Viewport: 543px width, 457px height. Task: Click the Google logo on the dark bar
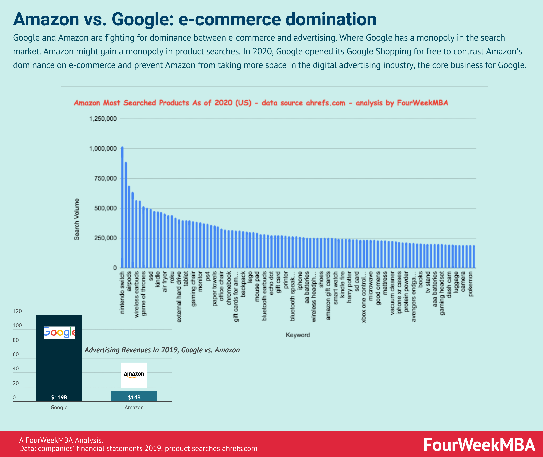59,332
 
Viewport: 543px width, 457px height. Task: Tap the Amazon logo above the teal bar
134,375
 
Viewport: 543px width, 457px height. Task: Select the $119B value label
59,397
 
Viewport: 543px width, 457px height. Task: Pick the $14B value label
134,397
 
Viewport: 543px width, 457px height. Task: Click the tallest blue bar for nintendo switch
122,207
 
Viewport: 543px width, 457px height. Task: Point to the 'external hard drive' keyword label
179,297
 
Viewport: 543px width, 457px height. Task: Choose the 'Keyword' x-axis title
298,335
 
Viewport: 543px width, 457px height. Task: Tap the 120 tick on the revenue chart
17,311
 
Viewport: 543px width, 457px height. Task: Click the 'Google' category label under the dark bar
59,407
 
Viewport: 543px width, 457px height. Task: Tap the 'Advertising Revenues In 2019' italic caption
162,350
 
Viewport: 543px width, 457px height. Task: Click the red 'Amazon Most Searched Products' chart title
261,103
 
